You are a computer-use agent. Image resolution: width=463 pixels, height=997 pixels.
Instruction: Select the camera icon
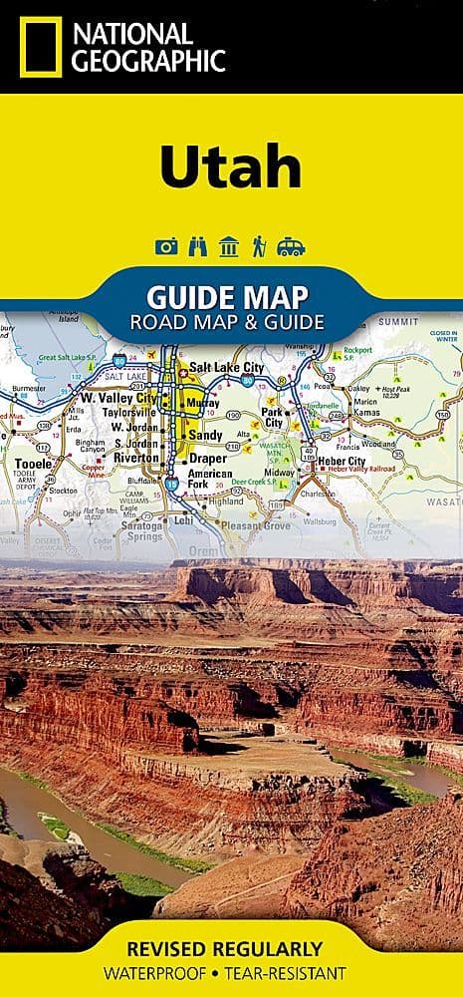point(166,247)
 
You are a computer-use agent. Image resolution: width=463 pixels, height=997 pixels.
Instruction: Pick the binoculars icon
point(197,247)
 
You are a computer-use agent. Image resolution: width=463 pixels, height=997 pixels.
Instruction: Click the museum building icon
point(228,247)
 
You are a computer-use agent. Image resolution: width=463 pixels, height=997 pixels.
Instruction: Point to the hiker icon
point(259,247)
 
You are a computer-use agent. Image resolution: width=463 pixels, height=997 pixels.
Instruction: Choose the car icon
point(291,247)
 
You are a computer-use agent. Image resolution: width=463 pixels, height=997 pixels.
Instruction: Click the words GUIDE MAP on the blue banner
point(227,296)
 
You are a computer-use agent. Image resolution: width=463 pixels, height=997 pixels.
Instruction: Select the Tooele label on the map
point(35,464)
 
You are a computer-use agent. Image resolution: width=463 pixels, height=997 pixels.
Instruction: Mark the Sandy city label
point(206,435)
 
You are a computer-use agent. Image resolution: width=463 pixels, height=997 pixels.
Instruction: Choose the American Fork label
point(210,480)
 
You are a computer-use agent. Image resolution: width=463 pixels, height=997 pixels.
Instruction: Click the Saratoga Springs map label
point(144,529)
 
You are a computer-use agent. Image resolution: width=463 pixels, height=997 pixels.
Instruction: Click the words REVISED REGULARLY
point(230,947)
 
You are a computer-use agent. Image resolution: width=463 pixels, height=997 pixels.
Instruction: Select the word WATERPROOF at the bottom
point(166,973)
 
